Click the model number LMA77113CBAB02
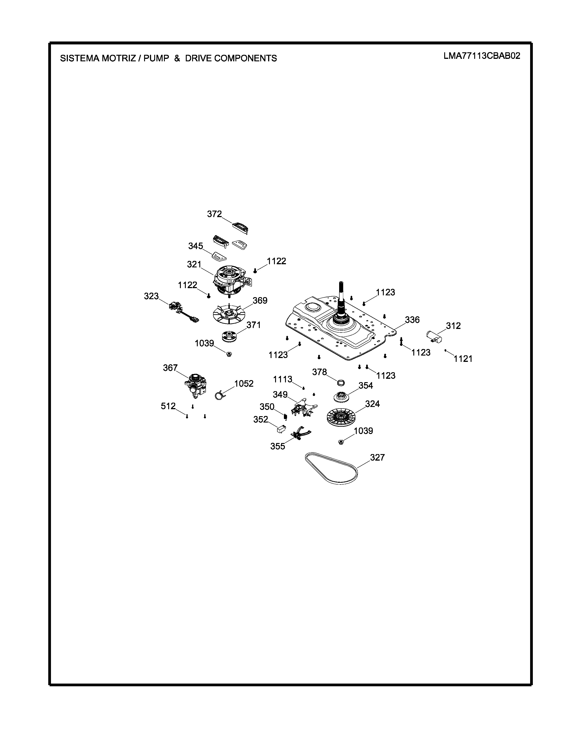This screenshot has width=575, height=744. coord(482,56)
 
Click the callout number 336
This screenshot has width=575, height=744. coord(412,320)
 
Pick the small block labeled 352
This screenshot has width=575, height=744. coord(281,429)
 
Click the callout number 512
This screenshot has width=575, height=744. coord(168,406)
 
